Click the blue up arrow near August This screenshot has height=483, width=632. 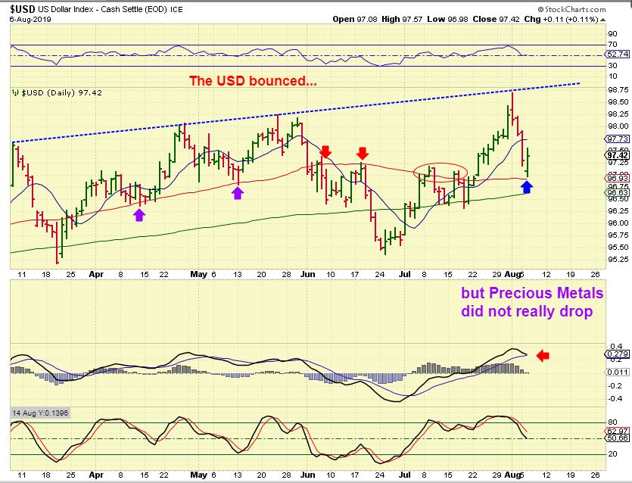[527, 186]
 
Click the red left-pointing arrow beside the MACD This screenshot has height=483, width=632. [543, 354]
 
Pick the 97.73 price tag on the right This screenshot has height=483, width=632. [617, 139]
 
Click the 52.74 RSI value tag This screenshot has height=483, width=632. [617, 55]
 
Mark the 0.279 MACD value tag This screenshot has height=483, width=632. [617, 354]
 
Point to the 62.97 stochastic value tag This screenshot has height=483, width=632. [617, 430]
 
